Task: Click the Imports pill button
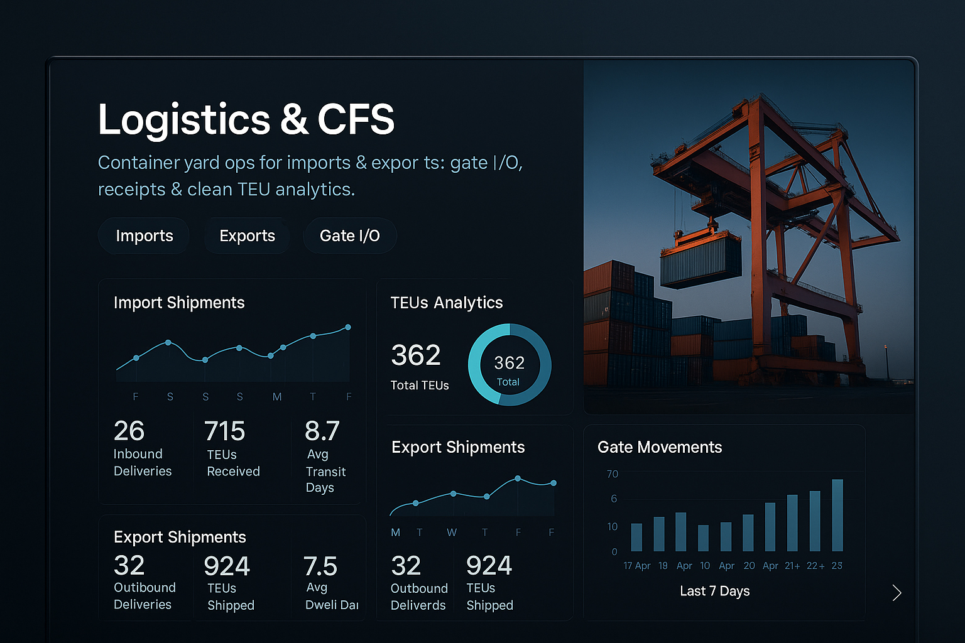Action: [x=144, y=236]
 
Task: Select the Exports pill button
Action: [x=247, y=236]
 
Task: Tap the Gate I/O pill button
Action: [x=350, y=236]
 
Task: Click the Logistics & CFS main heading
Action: [x=246, y=119]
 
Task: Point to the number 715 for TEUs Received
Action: [x=224, y=431]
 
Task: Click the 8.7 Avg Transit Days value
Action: [x=322, y=431]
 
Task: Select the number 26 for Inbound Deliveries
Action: [x=129, y=431]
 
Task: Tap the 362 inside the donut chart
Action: [x=510, y=363]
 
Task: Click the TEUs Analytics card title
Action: [x=447, y=303]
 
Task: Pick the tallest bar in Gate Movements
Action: [x=837, y=515]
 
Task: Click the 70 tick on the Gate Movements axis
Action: [x=613, y=474]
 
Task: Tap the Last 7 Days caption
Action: [x=715, y=592]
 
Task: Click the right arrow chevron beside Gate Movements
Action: [x=897, y=593]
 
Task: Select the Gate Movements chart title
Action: [x=660, y=447]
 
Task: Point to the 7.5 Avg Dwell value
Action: [x=320, y=567]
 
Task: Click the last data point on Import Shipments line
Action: [x=348, y=327]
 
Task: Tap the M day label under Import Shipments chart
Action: [x=277, y=397]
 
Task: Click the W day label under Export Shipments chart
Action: [x=452, y=532]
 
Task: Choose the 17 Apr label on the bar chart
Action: [x=636, y=566]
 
